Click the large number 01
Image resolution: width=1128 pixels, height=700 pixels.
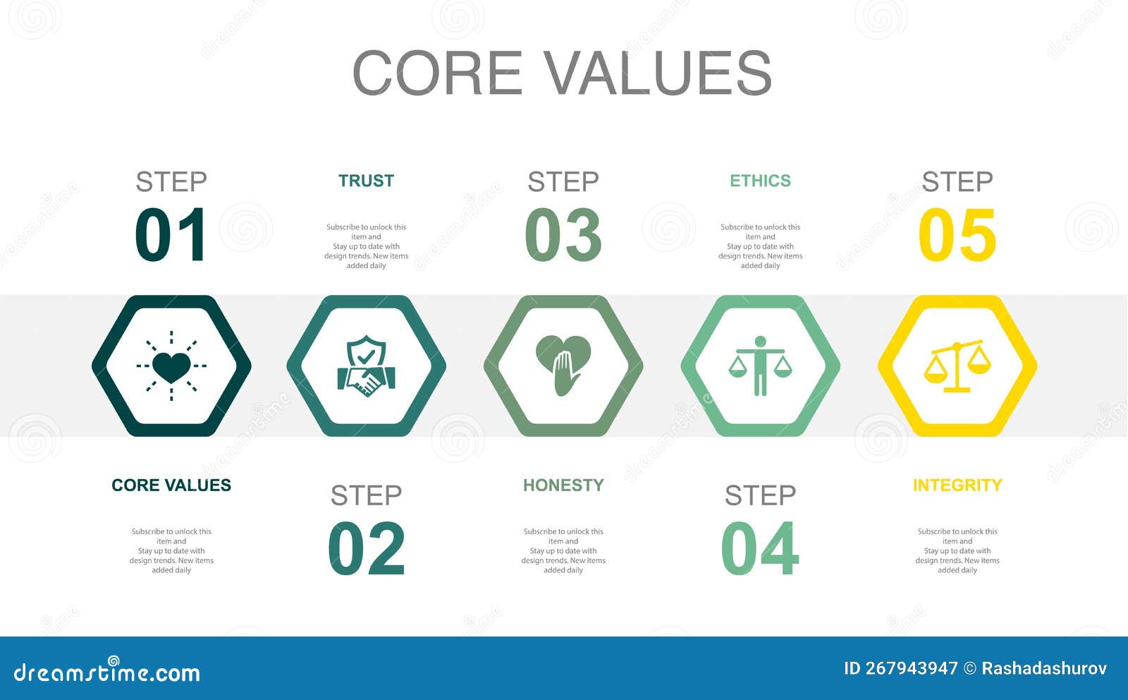coord(171,235)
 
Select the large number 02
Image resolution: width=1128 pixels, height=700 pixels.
coord(367,548)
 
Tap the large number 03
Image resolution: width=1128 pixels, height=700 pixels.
coord(563,235)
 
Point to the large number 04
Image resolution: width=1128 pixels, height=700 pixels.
coord(760,548)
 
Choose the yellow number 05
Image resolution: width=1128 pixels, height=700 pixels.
coord(957,235)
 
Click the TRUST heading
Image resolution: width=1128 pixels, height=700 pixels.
coord(366,181)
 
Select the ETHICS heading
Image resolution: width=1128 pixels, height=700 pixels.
coord(760,181)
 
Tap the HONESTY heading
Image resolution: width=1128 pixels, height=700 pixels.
coord(563,485)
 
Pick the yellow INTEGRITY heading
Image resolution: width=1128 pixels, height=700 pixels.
coord(957,485)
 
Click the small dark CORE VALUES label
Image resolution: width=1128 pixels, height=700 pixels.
coord(171,485)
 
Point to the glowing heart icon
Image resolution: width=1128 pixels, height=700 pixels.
coord(171,366)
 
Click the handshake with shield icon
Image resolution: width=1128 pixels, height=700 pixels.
coord(366,366)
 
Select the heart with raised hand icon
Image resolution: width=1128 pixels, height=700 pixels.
coord(563,366)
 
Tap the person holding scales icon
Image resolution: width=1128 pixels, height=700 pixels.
coord(760,366)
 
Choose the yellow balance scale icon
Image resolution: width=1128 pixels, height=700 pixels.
coord(957,366)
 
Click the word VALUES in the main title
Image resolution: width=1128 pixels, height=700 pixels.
coord(659,73)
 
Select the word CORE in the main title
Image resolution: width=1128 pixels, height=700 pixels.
coord(436,73)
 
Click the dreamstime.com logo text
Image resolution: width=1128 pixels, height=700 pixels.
coord(107,672)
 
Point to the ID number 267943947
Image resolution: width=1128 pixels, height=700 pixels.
coord(911,668)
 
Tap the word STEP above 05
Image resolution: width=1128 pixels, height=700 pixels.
coord(957,182)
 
